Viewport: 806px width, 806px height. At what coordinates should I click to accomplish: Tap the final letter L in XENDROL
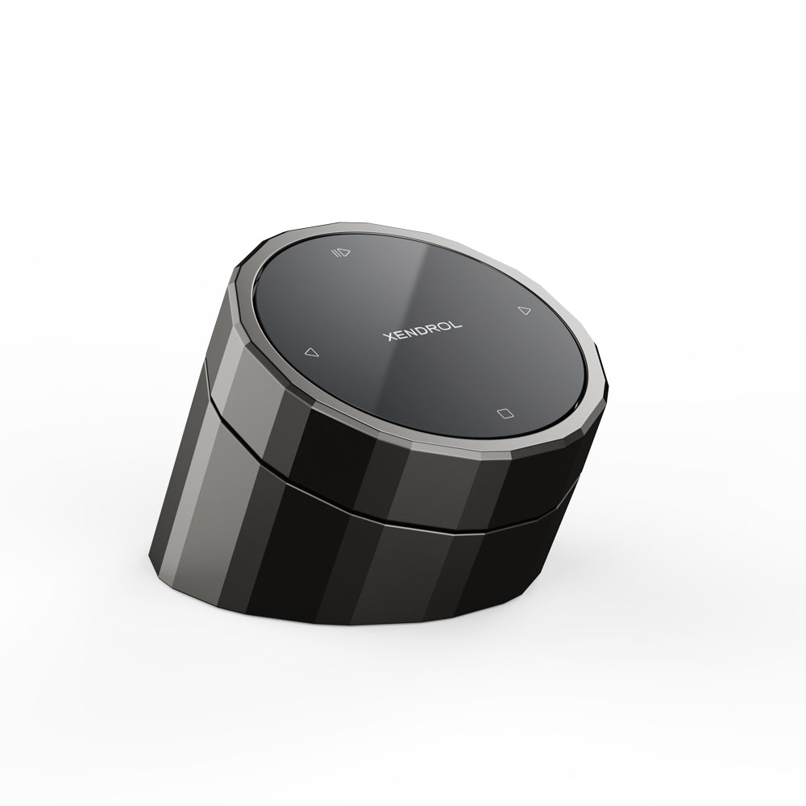point(455,325)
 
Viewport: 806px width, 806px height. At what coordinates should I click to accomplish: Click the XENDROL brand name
point(422,331)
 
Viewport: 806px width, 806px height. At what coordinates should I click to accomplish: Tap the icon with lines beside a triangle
point(341,252)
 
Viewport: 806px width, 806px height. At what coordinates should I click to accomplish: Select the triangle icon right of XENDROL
point(524,310)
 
